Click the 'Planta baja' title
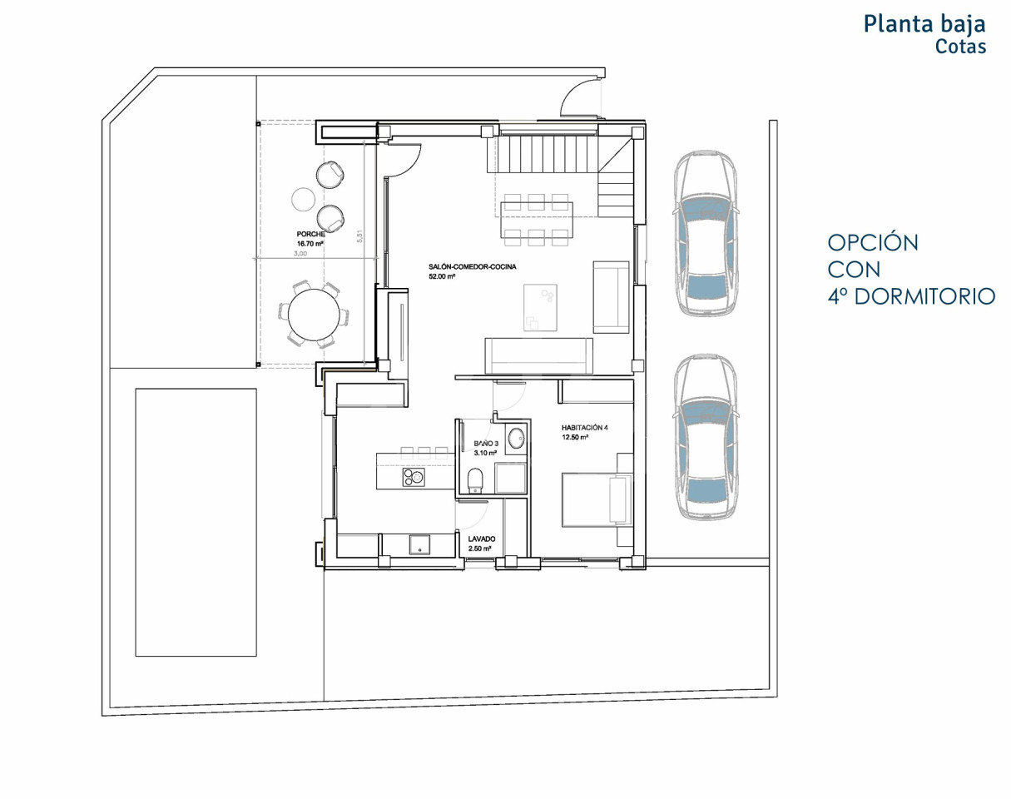click(924, 24)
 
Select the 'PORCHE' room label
click(310, 234)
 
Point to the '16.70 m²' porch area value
click(310, 244)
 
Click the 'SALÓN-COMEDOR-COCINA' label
click(472, 266)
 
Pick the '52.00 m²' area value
click(442, 276)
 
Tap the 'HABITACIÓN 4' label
click(584, 428)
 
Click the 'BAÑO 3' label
click(486, 444)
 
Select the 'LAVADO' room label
click(482, 539)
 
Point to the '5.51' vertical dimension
click(359, 236)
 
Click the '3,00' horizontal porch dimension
click(300, 253)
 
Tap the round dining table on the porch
click(315, 315)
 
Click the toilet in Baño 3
click(475, 480)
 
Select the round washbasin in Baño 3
click(517, 438)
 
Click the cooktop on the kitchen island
click(414, 477)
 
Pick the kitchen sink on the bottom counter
click(419, 544)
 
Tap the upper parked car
click(705, 233)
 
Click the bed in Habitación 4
click(597, 500)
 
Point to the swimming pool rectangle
click(196, 522)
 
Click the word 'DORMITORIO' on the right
click(925, 297)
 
